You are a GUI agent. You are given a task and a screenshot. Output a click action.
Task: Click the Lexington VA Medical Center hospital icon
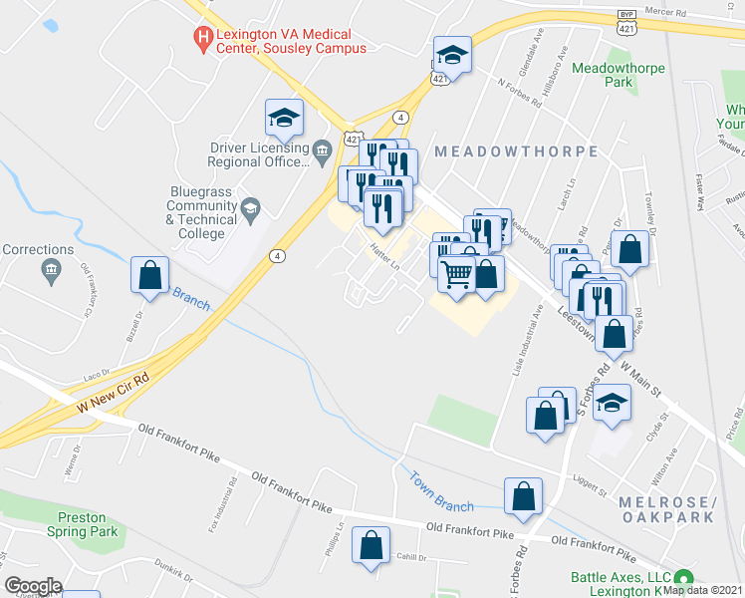203,39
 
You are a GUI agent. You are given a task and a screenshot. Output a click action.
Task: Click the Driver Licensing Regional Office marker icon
322,151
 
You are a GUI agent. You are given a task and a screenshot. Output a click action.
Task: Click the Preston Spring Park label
89,524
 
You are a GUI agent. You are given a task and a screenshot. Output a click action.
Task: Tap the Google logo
33,586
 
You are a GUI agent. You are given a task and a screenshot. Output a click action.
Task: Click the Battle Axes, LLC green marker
682,578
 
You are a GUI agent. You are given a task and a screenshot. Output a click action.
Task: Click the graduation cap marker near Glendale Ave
451,56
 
